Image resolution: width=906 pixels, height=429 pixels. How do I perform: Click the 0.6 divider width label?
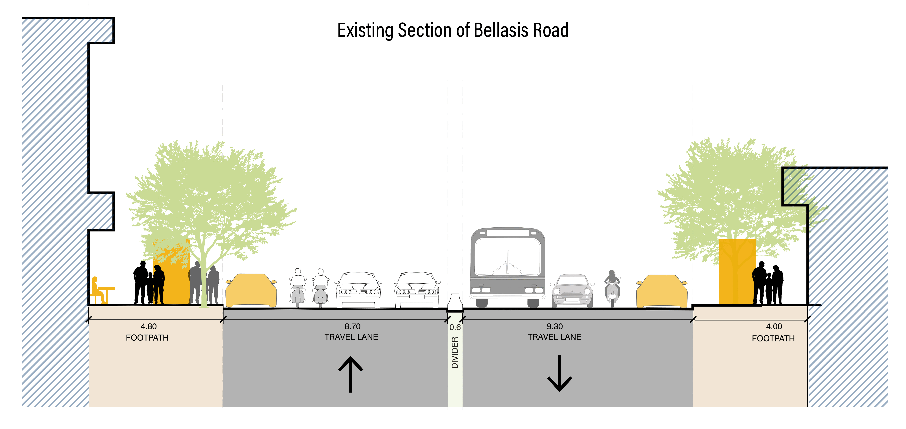(x=455, y=327)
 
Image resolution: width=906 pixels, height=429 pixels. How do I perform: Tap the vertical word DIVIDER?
(x=455, y=353)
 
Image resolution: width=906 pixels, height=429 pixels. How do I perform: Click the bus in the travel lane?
(x=507, y=267)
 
